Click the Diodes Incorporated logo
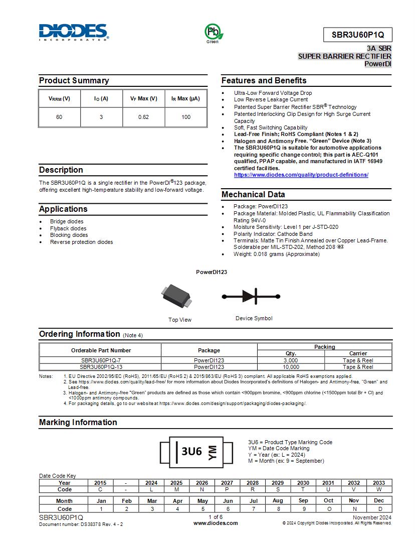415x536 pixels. click(x=73, y=32)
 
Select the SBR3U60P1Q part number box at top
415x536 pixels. click(x=357, y=35)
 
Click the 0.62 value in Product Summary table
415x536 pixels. click(x=143, y=117)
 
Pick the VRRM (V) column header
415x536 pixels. click(x=59, y=99)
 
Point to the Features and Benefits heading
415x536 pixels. click(x=264, y=81)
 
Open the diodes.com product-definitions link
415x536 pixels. click(x=301, y=175)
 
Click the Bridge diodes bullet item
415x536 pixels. click(x=67, y=221)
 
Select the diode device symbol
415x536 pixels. click(x=251, y=297)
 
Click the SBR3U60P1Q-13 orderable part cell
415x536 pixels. click(x=100, y=367)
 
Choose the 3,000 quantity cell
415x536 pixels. click(x=291, y=360)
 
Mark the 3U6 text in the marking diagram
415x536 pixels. click(x=191, y=452)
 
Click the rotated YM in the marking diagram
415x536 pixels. click(x=213, y=452)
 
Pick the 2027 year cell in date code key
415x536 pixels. click(x=227, y=483)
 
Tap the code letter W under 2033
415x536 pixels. click(x=379, y=489)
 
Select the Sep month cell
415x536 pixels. click(x=303, y=500)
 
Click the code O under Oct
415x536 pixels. click(x=328, y=509)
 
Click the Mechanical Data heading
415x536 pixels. click(x=253, y=195)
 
